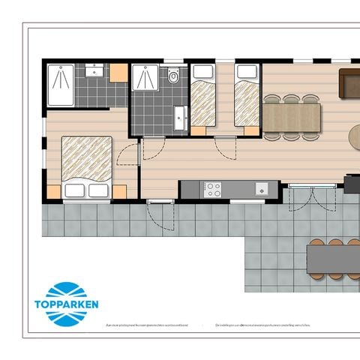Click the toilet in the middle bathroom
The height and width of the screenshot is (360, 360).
pos(173,75)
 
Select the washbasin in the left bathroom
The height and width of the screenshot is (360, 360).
pos(94,72)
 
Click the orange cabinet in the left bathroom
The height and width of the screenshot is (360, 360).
pos(118,72)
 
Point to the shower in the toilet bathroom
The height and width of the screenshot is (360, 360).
pos(146,78)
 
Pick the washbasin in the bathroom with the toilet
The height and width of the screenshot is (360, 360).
pos(178,118)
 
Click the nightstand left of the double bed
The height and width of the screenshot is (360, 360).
pos(53,191)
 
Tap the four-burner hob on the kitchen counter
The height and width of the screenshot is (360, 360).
pos(214,189)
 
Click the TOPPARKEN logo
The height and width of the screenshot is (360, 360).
pos(71,304)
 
